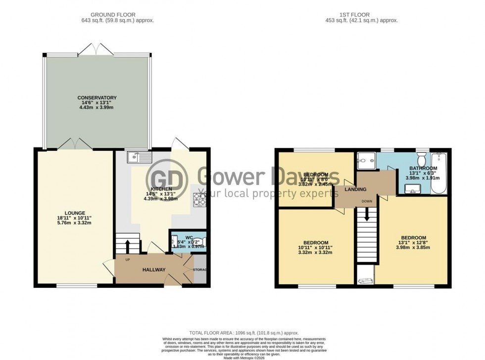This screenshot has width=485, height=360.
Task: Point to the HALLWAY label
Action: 154,270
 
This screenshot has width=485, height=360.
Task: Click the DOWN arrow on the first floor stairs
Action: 367,215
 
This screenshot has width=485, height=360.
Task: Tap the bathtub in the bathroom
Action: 438,174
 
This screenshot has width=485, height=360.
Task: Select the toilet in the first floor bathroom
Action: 422,160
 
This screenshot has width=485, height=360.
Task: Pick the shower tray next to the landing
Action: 366,159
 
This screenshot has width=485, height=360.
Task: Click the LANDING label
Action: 355,189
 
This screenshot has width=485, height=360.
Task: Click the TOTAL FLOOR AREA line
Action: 244,333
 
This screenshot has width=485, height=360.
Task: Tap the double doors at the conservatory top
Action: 96,49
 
